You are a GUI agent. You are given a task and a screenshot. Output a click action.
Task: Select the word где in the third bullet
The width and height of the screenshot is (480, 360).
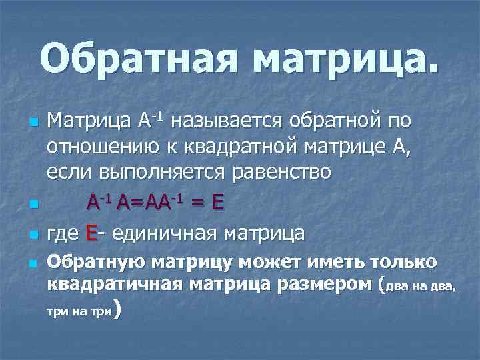point(63,233)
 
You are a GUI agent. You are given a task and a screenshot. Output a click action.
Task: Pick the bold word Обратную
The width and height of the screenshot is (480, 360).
point(96,261)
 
